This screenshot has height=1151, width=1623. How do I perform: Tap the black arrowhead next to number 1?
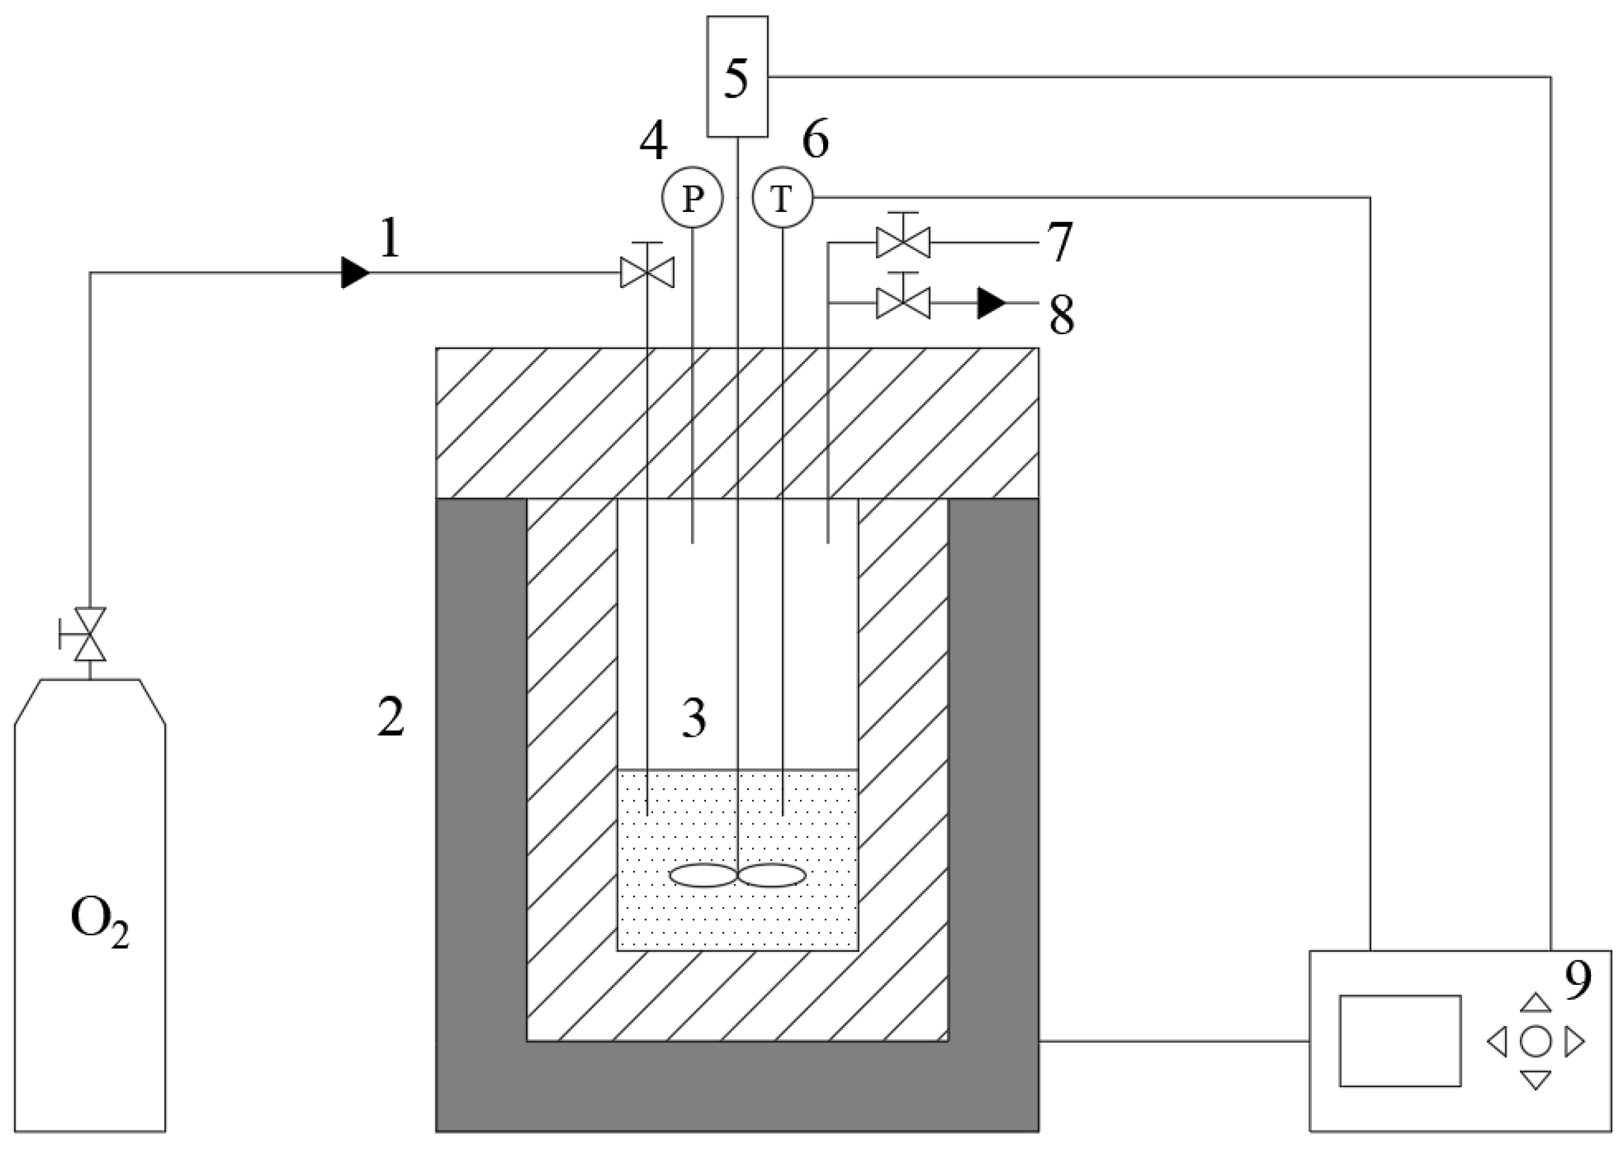pos(354,273)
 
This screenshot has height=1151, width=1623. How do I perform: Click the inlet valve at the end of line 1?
pos(647,272)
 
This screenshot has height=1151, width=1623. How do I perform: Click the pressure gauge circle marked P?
pos(692,198)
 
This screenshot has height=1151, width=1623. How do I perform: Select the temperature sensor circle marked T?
pos(783,198)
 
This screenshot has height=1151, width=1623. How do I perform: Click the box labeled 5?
pos(737,77)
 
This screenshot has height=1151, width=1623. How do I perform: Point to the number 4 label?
pos(654,142)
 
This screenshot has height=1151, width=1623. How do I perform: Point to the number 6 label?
pos(816,140)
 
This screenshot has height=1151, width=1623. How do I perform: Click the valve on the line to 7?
pos(903,242)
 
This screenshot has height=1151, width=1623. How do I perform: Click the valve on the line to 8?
pos(903,303)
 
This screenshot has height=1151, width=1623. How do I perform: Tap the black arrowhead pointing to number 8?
pos(990,303)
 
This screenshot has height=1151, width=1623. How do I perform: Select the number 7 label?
pos(1059,242)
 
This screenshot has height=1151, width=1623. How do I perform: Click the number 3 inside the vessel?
pos(694,718)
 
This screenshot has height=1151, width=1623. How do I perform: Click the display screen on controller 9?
pos(1400,1040)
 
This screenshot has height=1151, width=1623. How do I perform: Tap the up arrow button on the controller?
pos(1535,1002)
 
